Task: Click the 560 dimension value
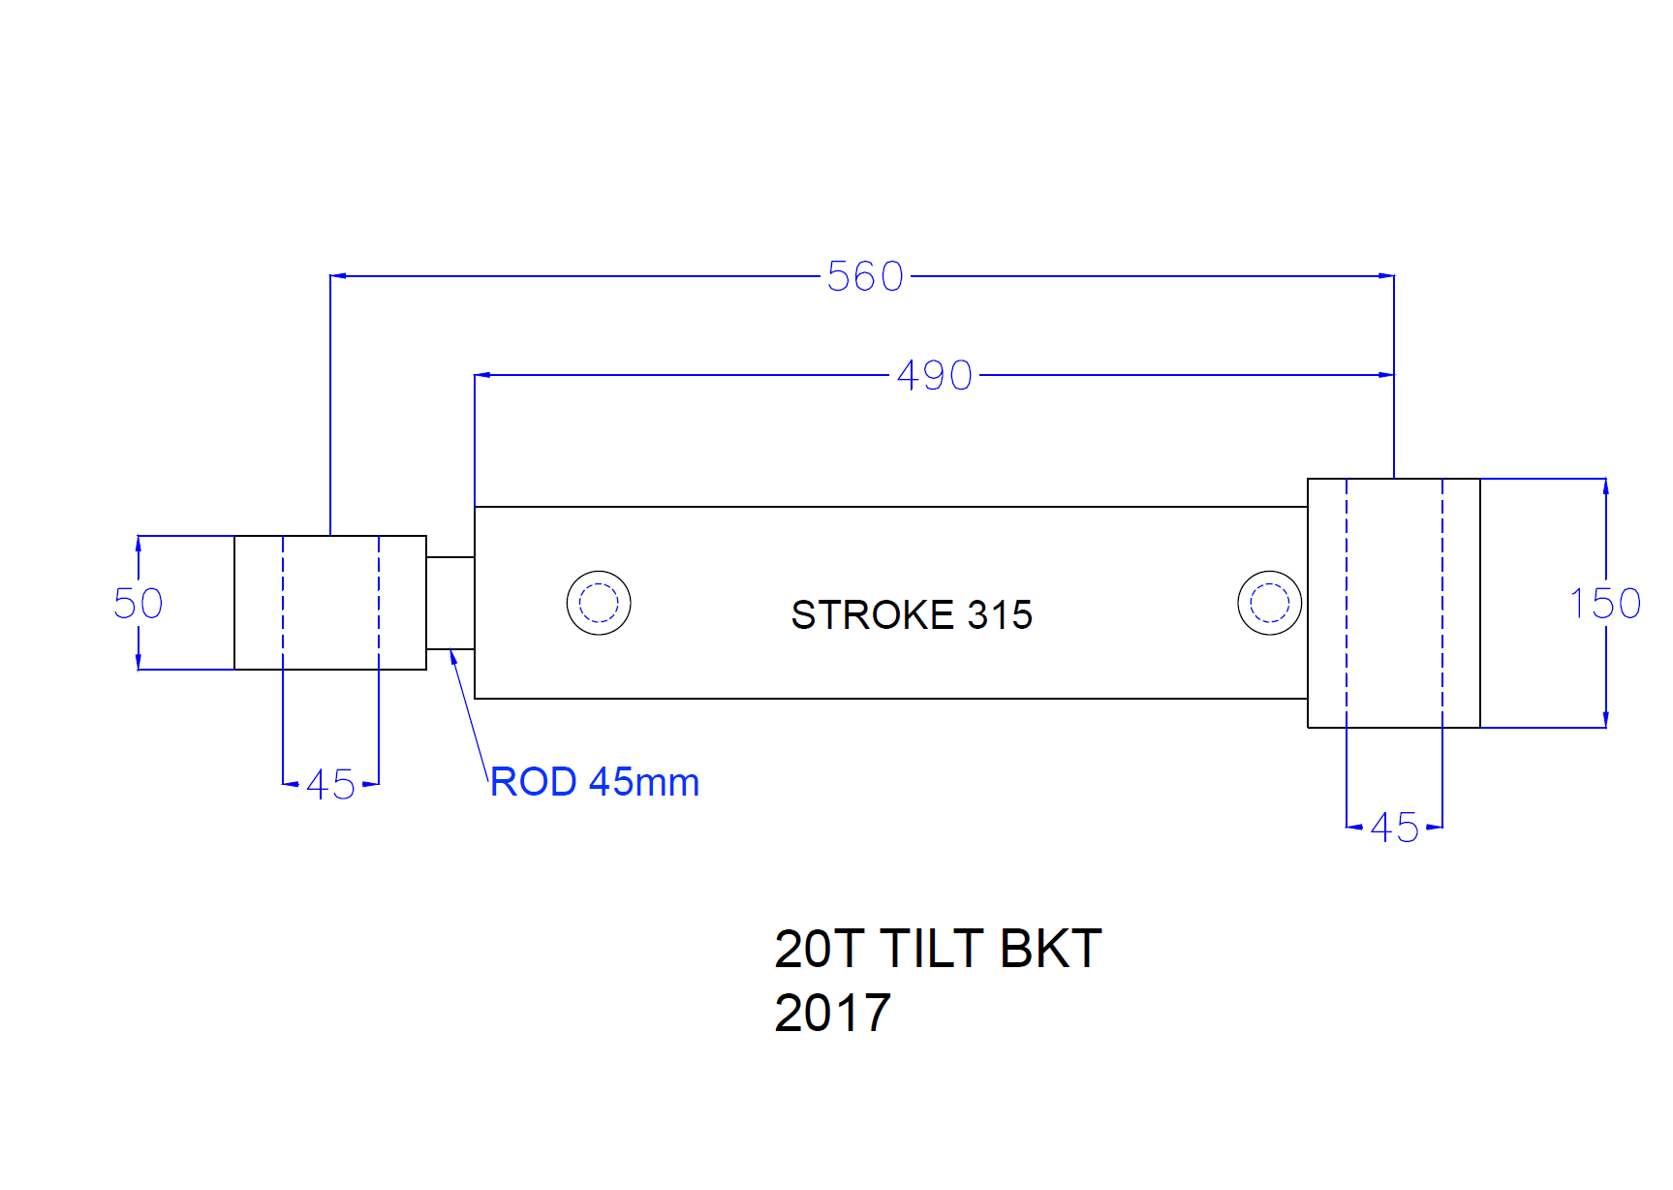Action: pos(865,277)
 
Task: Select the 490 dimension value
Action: pos(934,376)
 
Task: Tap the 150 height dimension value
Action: pos(1604,604)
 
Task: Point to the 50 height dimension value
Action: pos(139,604)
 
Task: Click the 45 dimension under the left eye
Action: pos(330,785)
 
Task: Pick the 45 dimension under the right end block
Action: pos(1394,829)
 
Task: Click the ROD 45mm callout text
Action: pos(595,782)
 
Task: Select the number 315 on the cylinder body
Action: pos(1000,615)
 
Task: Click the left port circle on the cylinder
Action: pos(599,603)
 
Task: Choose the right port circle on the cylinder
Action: pos(1269,603)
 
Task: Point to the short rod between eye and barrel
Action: pos(450,603)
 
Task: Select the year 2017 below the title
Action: pos(832,1014)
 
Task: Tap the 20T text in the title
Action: pos(818,949)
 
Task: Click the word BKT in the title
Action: pos(1050,949)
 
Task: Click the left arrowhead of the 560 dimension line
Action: pos(337,276)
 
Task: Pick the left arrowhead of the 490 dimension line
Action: pos(481,375)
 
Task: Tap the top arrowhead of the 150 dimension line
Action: pos(1605,485)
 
